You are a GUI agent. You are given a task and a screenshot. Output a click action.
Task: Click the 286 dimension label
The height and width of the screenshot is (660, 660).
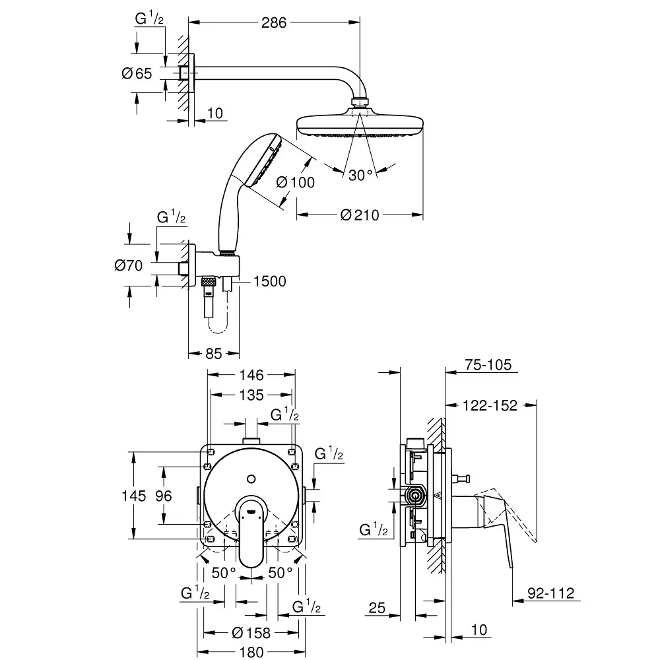coord(273,22)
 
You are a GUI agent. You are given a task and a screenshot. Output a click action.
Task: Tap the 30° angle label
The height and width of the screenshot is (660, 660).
coord(361,174)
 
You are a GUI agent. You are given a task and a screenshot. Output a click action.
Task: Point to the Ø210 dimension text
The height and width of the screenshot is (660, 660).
coord(360,215)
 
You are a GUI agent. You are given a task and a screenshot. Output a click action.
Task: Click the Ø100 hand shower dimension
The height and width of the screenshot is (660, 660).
coord(295,183)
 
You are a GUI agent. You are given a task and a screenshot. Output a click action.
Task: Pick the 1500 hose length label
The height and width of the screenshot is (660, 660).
coord(269,282)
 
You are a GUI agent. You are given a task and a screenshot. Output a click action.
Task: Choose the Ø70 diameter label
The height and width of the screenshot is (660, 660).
coord(129,265)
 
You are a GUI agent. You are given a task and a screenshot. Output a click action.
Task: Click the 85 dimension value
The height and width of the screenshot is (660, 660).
coord(213,354)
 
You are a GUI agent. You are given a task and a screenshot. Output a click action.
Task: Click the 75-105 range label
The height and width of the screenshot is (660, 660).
coord(489,366)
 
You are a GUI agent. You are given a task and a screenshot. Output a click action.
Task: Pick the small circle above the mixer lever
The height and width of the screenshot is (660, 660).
coord(251,477)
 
